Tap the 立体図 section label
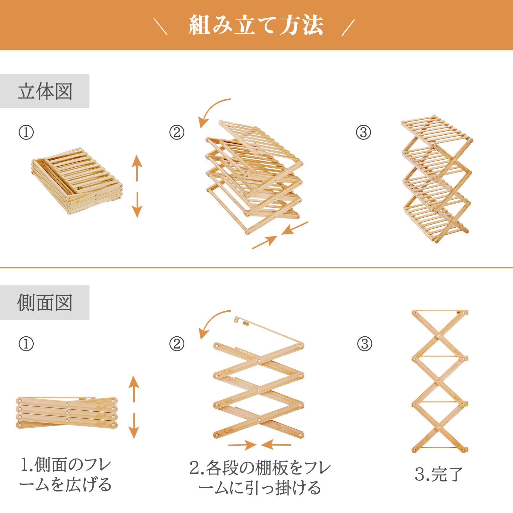[x=45, y=91]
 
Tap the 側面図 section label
[x=45, y=303]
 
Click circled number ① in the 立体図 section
[x=26, y=132]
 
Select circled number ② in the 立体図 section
[x=177, y=132]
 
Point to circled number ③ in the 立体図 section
[x=363, y=132]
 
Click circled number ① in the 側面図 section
[x=26, y=344]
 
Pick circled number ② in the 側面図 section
[x=177, y=344]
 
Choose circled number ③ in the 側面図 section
[x=365, y=344]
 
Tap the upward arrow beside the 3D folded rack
[x=137, y=168]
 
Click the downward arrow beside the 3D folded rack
[x=137, y=205]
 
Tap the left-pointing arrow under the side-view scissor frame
[x=276, y=445]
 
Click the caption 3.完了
[x=439, y=474]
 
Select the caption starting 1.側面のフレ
[x=66, y=475]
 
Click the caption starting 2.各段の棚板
[x=260, y=478]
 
